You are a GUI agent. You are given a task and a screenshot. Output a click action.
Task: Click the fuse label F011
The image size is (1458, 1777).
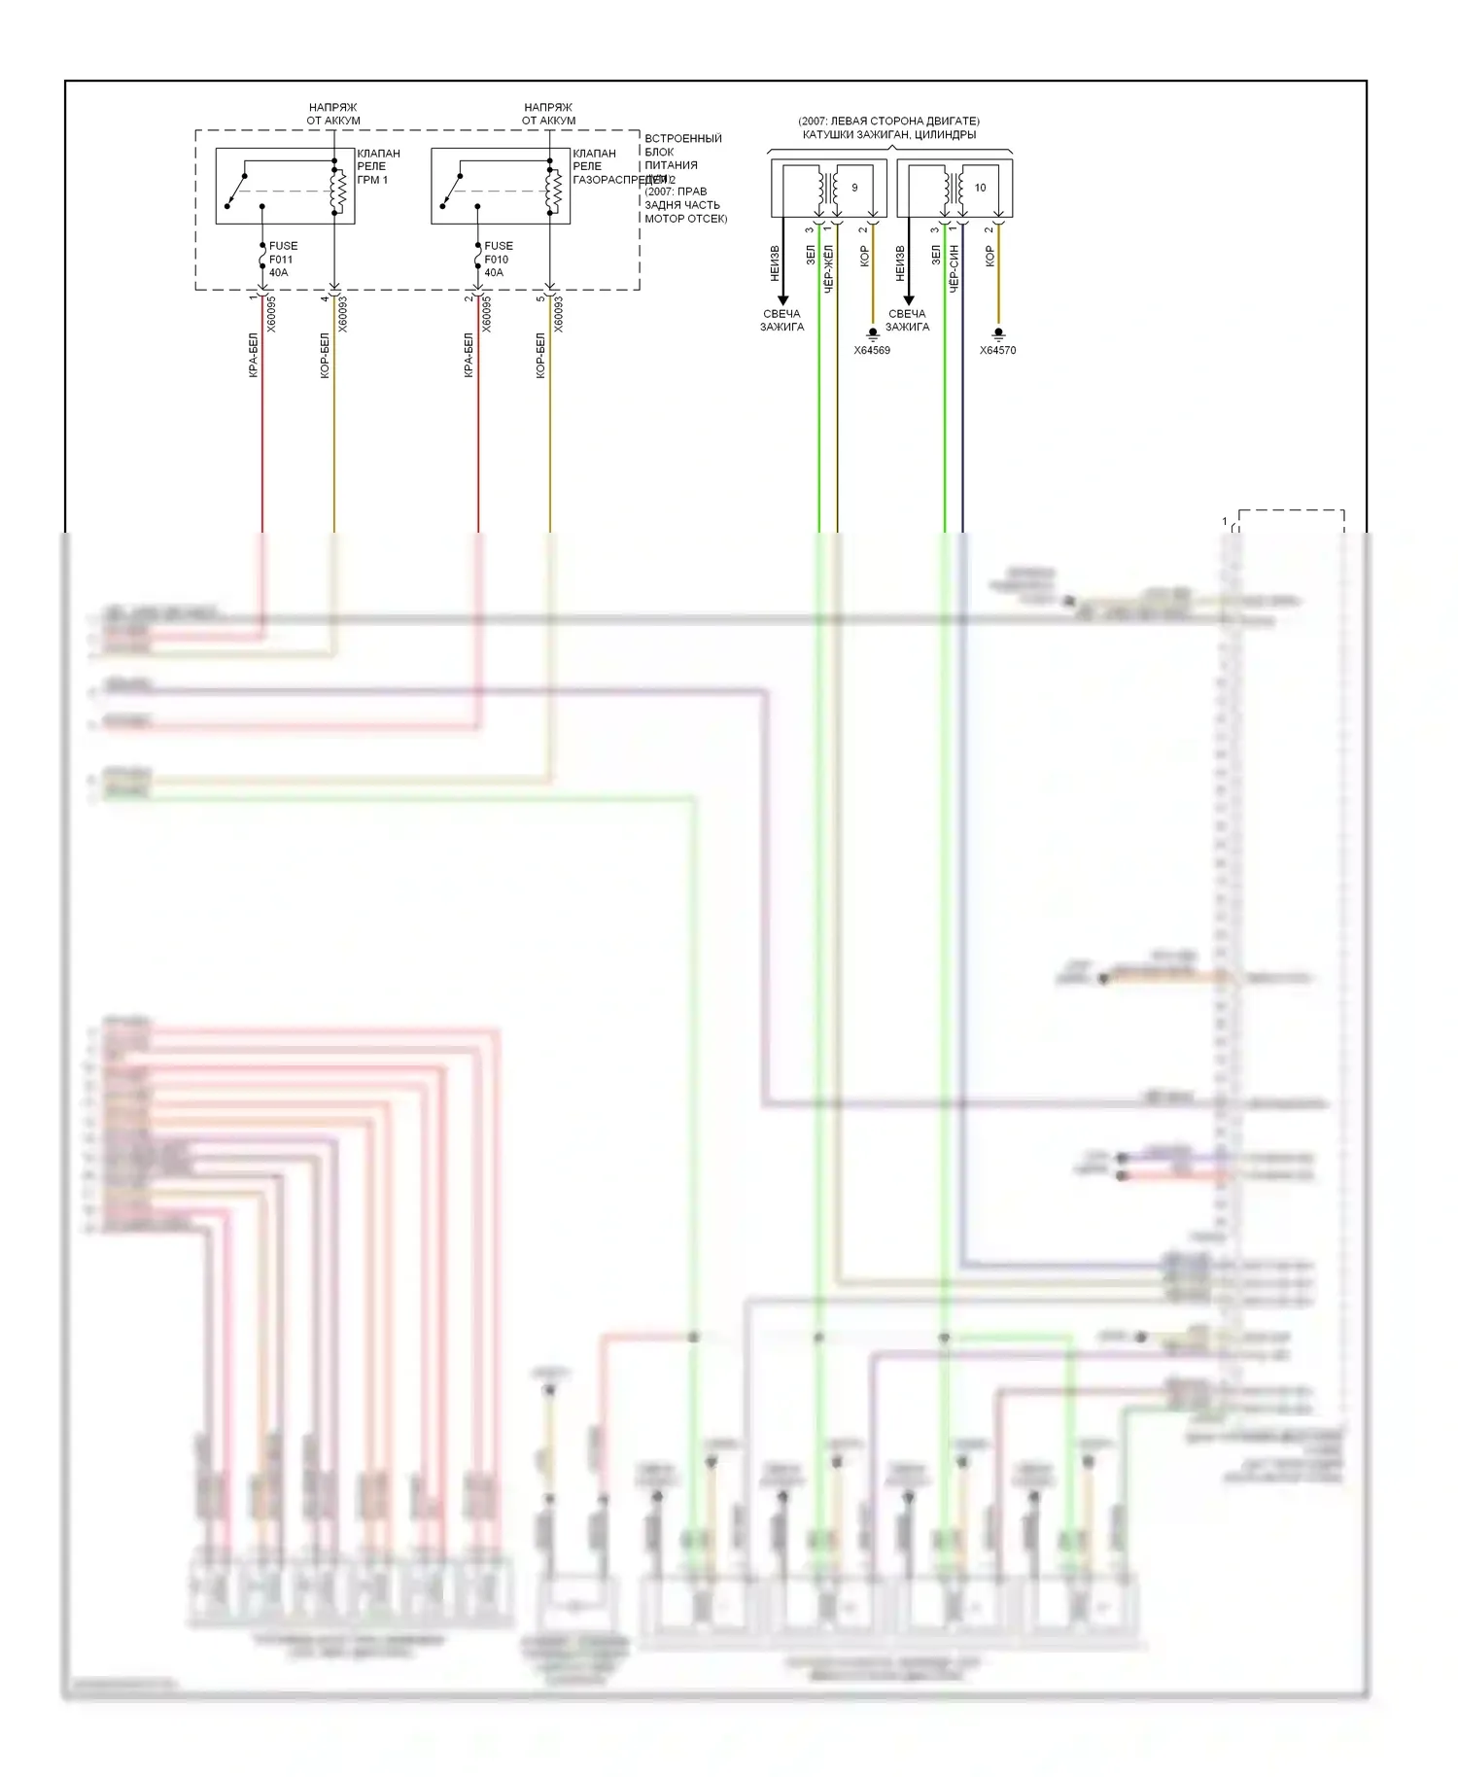[x=281, y=260]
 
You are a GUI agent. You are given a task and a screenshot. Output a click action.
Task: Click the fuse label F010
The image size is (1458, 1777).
[x=497, y=260]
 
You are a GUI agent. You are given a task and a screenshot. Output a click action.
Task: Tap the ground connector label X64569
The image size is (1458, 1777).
[x=872, y=351]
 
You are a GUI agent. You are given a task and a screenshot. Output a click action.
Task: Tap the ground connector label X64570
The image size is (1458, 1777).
[x=997, y=351]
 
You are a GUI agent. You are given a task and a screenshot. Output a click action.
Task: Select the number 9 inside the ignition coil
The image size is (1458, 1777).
[x=854, y=188]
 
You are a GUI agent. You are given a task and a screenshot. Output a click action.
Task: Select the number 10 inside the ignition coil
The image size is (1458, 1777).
[x=980, y=188]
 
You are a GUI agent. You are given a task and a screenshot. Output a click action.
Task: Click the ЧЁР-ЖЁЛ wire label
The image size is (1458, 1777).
[x=829, y=268]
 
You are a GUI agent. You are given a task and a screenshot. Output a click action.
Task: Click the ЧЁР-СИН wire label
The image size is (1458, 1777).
[x=955, y=268]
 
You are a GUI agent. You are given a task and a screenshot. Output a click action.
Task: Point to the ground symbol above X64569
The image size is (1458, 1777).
[x=872, y=333]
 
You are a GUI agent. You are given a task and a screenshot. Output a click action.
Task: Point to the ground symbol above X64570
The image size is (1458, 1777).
[x=997, y=333]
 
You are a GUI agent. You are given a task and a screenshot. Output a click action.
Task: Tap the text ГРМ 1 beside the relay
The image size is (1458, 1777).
[x=372, y=180]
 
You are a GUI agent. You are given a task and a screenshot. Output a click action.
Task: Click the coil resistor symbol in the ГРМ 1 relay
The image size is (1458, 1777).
[x=339, y=191]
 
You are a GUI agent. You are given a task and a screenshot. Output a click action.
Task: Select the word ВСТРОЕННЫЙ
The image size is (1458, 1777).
[x=683, y=139]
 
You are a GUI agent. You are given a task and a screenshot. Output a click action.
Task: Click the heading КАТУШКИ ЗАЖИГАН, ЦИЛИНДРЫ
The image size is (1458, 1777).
[x=889, y=135]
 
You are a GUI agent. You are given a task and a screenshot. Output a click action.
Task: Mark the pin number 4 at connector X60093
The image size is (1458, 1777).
[x=326, y=298]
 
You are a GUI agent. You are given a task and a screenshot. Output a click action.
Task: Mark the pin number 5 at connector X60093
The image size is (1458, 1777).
[x=541, y=298]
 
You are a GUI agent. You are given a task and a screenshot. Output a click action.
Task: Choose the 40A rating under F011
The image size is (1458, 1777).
[x=278, y=273]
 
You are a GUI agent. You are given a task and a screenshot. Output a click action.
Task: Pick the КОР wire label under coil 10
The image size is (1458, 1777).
[x=989, y=256]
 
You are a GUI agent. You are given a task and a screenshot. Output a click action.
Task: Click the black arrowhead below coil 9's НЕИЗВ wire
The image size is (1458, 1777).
[x=782, y=300]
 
